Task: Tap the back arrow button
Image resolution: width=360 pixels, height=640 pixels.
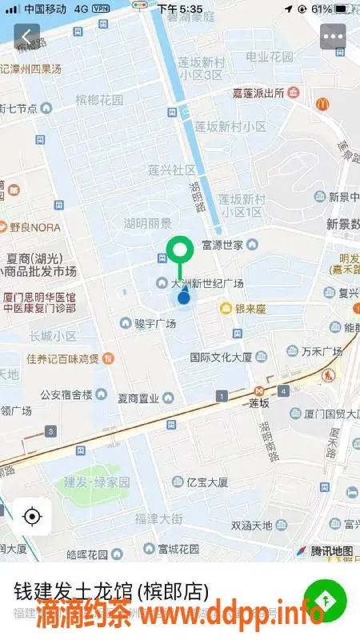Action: point(27,36)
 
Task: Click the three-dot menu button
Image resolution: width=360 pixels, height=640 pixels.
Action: point(333,36)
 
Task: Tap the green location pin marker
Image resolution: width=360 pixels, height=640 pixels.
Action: point(180,249)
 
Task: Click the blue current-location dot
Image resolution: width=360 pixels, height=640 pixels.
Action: point(184,298)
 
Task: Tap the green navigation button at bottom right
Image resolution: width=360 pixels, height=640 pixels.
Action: point(324,602)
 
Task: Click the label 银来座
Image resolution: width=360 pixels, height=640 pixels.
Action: point(250,308)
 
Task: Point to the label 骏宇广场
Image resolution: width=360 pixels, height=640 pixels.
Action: point(154,323)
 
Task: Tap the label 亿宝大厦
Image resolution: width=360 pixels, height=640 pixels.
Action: point(206,482)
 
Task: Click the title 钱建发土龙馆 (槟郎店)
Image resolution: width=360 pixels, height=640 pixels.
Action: point(112,592)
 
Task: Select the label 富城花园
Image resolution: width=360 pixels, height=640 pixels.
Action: point(178,549)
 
